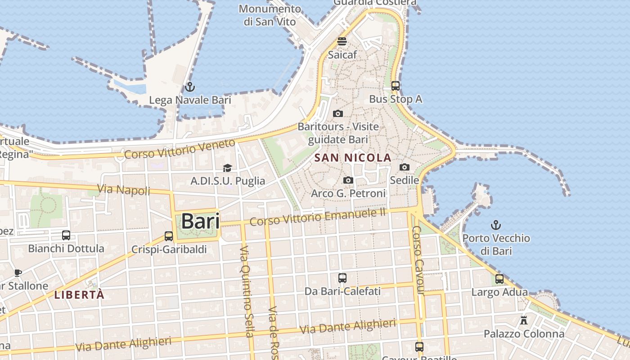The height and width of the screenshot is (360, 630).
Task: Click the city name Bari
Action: tap(200, 221)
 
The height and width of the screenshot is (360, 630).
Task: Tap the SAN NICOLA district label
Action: tap(353, 158)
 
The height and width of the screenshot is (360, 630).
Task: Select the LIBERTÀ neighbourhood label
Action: tap(79, 295)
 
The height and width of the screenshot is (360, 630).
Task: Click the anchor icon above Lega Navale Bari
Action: tap(190, 87)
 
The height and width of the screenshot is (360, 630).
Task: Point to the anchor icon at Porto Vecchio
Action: tap(496, 225)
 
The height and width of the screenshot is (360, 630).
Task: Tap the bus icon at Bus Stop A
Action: tap(395, 85)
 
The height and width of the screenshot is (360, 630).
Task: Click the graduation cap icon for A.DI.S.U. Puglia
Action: tap(227, 168)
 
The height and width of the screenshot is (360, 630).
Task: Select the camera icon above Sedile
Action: tap(405, 167)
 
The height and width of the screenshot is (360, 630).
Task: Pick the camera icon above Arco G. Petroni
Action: tap(348, 180)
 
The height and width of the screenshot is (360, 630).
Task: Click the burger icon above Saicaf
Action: tap(342, 41)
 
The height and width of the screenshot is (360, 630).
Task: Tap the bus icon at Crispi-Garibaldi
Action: tap(169, 236)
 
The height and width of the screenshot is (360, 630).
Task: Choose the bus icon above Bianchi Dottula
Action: tap(66, 235)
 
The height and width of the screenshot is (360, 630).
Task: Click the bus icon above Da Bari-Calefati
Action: tap(342, 278)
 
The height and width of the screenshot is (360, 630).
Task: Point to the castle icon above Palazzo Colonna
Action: tap(523, 320)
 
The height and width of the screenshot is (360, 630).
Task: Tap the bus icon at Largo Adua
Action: tap(499, 279)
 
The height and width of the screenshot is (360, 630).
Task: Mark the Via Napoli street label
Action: tap(124, 190)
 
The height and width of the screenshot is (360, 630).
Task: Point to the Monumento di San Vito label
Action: tap(270, 15)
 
